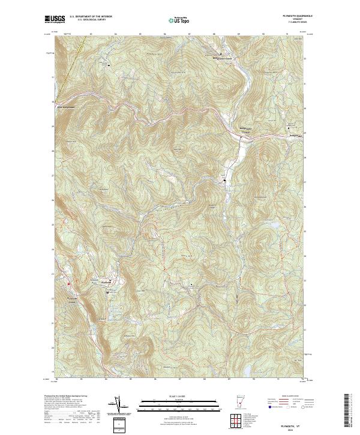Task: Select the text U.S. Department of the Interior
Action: point(91,16)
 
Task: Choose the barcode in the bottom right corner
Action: point(347,412)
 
